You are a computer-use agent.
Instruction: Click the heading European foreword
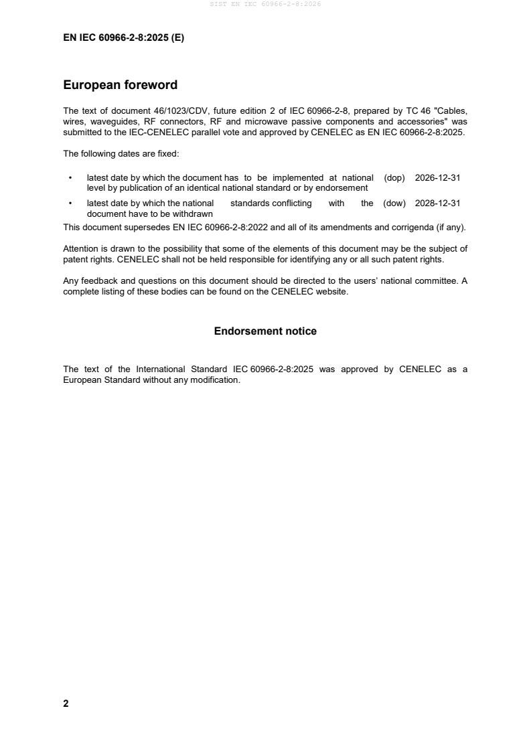tap(120, 85)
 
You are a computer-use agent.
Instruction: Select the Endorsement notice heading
tap(265, 331)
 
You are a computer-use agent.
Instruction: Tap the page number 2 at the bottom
tap(66, 703)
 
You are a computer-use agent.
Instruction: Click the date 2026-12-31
tap(437, 178)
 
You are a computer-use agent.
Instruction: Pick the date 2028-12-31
tap(437, 203)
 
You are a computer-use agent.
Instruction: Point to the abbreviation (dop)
tap(394, 178)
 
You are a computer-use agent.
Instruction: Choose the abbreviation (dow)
tap(394, 203)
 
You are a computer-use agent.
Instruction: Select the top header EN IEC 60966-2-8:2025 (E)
tap(123, 38)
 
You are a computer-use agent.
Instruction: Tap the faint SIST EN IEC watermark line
tap(265, 5)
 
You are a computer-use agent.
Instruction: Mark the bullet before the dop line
tap(70, 179)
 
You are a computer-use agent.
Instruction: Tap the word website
tap(333, 291)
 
